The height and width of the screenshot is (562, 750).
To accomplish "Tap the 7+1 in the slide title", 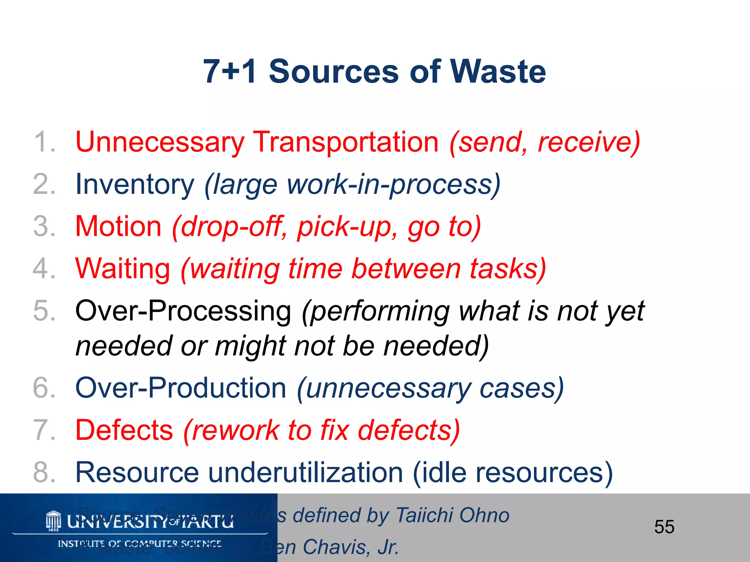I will [x=230, y=71].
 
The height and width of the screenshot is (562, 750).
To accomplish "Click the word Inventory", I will [x=134, y=184].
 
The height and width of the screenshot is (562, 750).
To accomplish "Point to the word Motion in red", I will [x=118, y=226].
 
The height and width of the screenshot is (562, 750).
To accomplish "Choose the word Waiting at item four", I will [x=123, y=269].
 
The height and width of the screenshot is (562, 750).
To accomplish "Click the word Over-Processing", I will [x=183, y=311].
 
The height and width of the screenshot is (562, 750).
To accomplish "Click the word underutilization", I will [x=305, y=472].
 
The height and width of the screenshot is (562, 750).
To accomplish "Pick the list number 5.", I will [x=43, y=311].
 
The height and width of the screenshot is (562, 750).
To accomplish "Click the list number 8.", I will [x=43, y=472].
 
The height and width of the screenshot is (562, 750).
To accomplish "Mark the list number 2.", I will [x=43, y=184].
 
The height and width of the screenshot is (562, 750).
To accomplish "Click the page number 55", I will [x=664, y=527].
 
